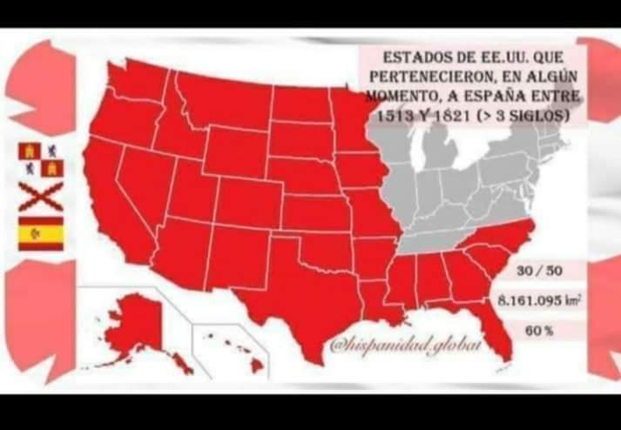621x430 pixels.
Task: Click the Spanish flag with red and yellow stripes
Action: tap(41, 233)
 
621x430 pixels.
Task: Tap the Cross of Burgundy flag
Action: tap(41, 196)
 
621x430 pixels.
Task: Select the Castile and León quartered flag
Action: tap(41, 159)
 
